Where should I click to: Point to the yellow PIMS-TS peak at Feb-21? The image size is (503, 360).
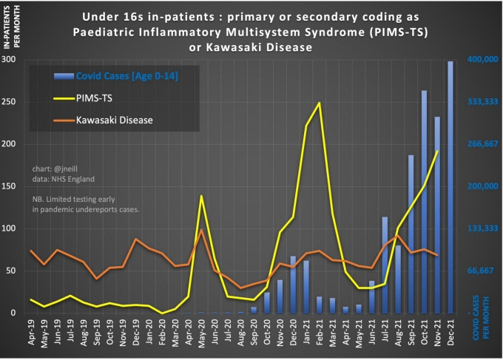(x=319, y=103)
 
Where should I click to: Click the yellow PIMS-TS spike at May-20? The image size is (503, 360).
(x=202, y=196)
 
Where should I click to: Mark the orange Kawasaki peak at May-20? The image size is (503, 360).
(x=202, y=229)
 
